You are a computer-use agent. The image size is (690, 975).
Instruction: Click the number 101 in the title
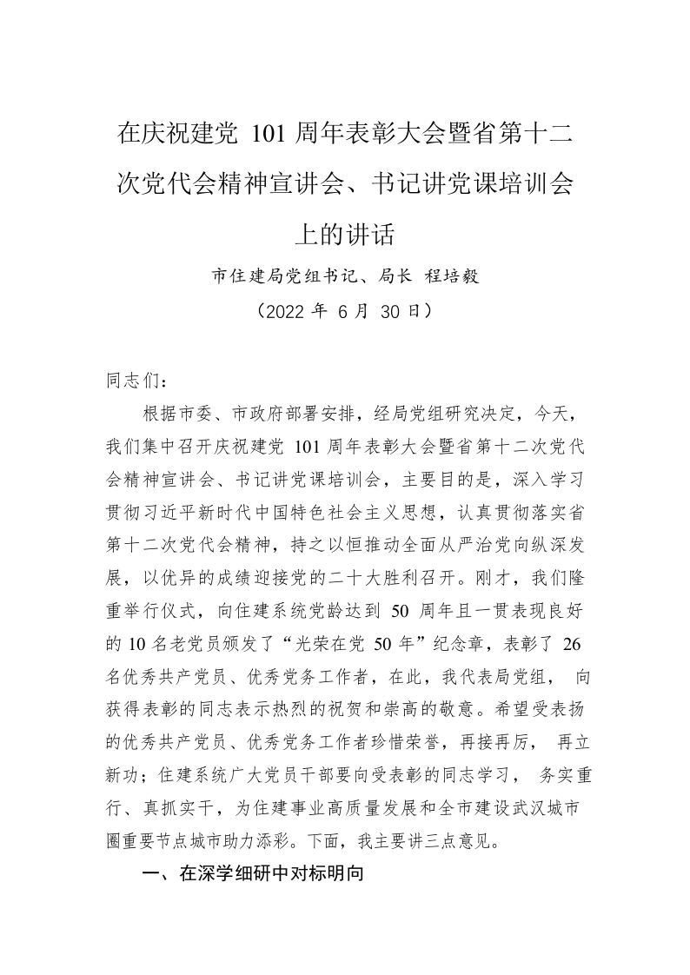click(x=269, y=136)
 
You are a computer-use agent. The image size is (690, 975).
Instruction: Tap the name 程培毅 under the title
click(x=451, y=277)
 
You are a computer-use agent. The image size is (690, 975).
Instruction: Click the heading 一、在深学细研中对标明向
click(x=252, y=876)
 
